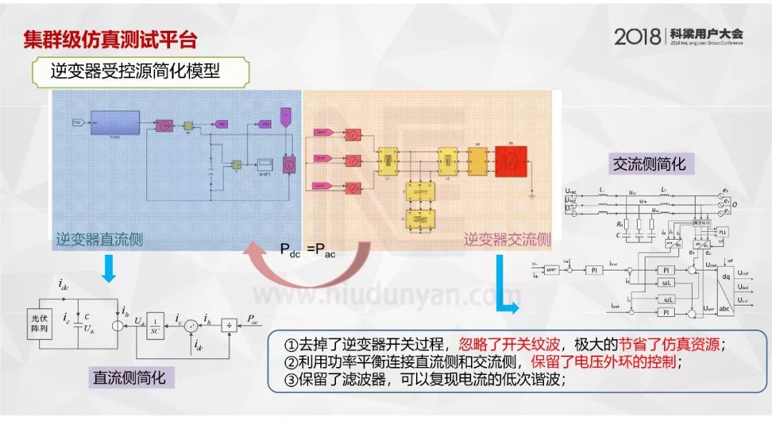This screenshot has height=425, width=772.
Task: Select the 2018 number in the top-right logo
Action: tap(638, 36)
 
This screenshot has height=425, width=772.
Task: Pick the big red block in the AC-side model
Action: tap(511, 160)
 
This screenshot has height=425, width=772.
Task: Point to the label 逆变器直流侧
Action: tap(99, 240)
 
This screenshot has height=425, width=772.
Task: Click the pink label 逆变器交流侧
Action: tap(507, 240)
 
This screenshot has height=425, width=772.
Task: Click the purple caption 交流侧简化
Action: tap(649, 164)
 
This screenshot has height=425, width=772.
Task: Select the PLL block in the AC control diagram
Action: tap(722, 233)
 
